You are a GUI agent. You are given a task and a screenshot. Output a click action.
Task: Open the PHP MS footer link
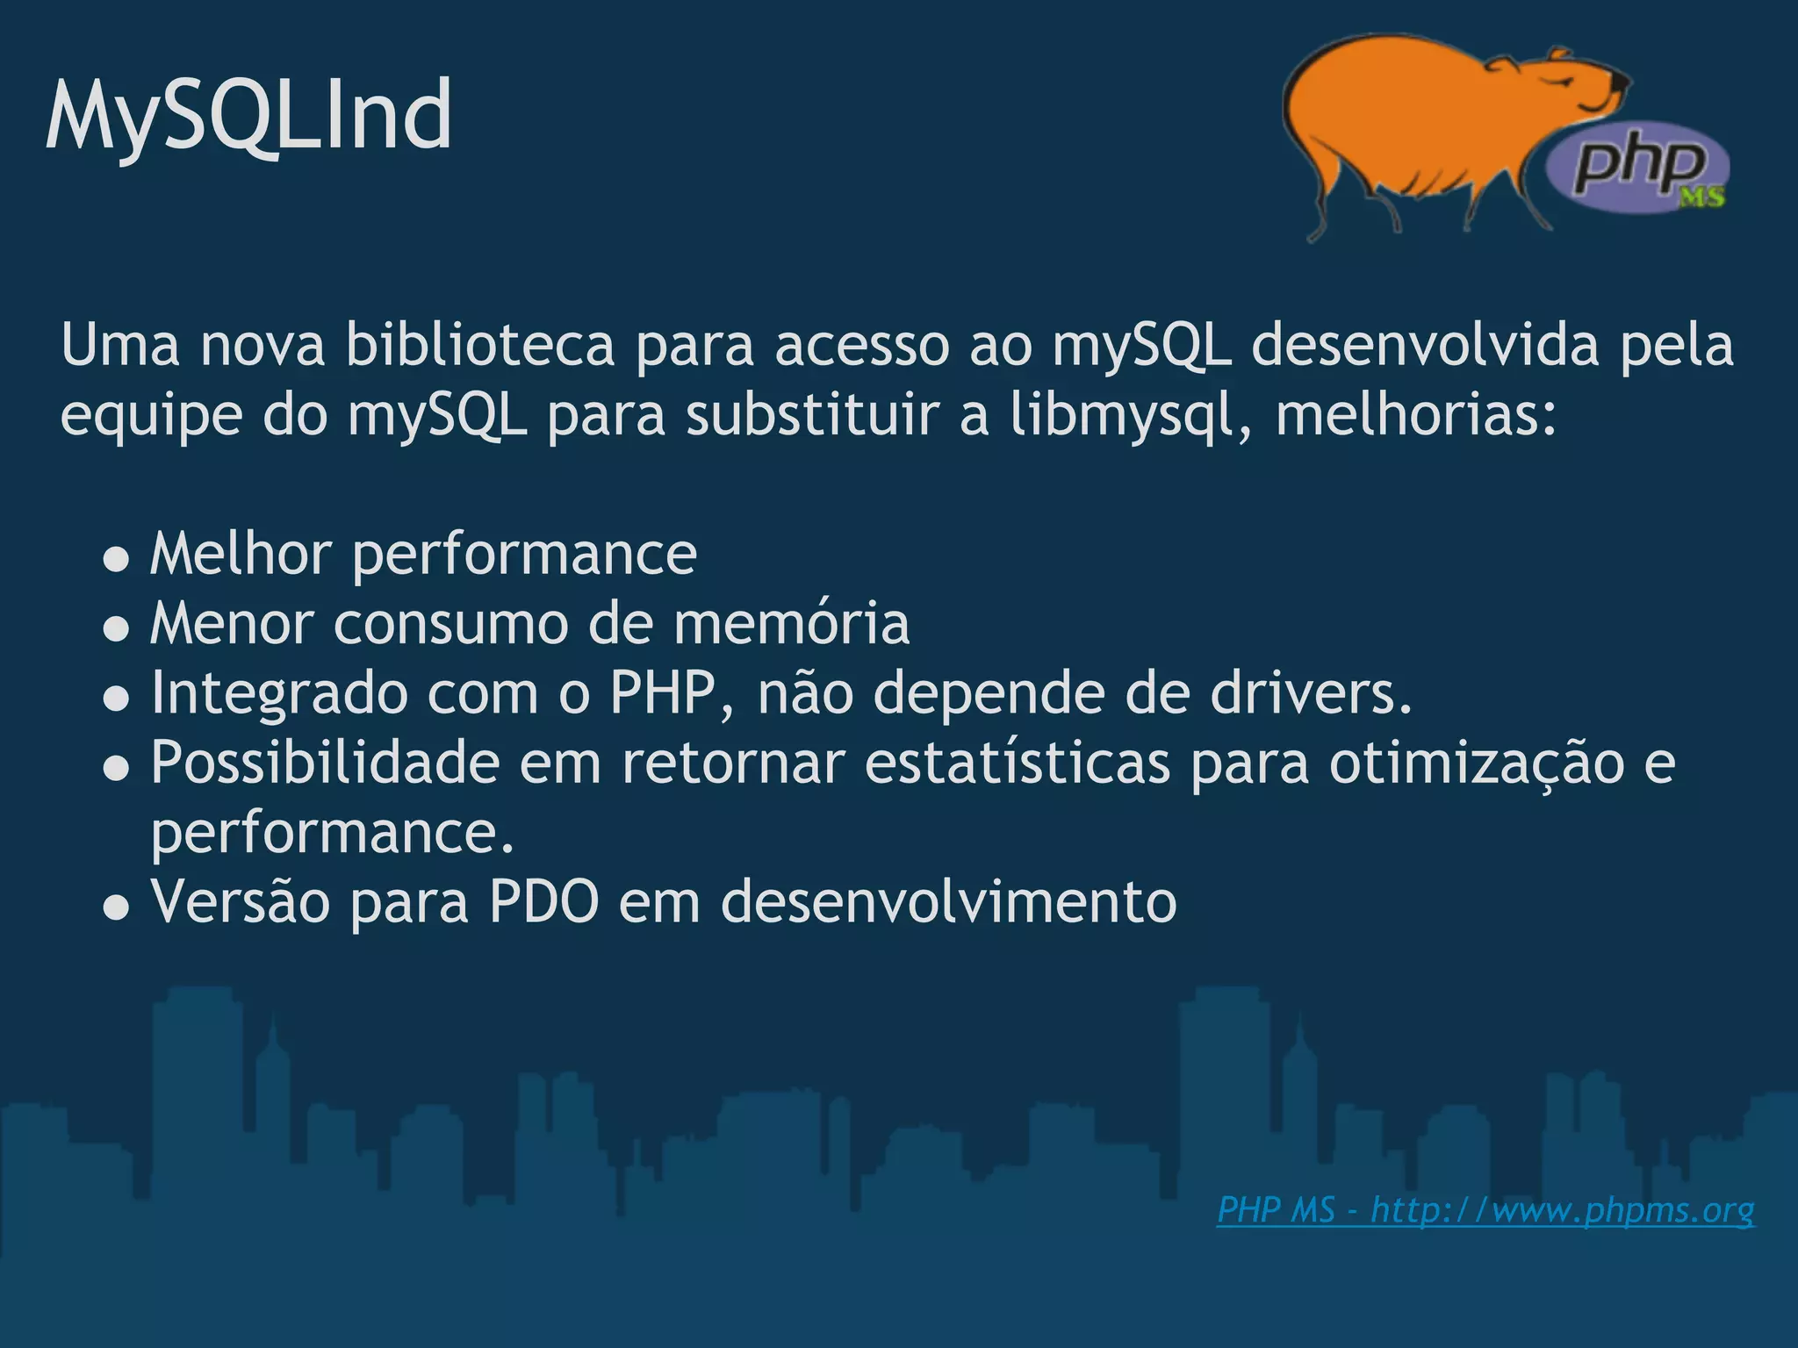coord(1485,1210)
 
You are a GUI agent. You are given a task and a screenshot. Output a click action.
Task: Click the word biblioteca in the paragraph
coord(479,345)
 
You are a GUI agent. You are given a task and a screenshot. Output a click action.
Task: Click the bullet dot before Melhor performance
coord(116,559)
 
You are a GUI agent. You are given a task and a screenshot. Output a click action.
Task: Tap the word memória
coord(791,623)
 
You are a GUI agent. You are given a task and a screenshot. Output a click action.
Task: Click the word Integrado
coord(279,692)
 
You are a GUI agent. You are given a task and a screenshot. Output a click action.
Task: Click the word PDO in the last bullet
coord(543,901)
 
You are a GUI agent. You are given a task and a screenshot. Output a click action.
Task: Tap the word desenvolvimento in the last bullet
coord(948,901)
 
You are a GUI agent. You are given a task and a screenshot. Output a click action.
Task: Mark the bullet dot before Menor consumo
coord(116,628)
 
